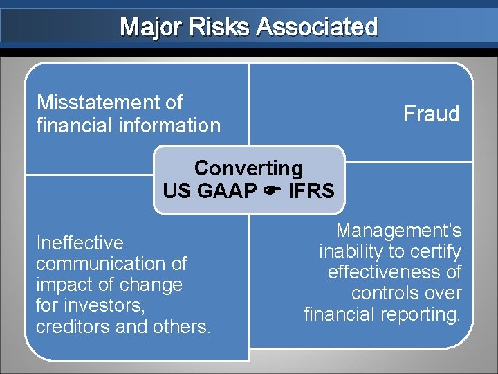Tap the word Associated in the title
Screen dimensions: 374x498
pyautogui.click(x=317, y=27)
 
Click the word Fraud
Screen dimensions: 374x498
pyautogui.click(x=432, y=114)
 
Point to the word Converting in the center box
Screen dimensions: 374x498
pyautogui.click(x=248, y=168)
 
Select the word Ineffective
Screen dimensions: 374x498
pyautogui.click(x=80, y=243)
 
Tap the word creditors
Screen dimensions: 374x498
pyautogui.click(x=73, y=326)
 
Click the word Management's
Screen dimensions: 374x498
pyautogui.click(x=398, y=231)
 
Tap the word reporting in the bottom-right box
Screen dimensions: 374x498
pyautogui.click(x=424, y=314)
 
